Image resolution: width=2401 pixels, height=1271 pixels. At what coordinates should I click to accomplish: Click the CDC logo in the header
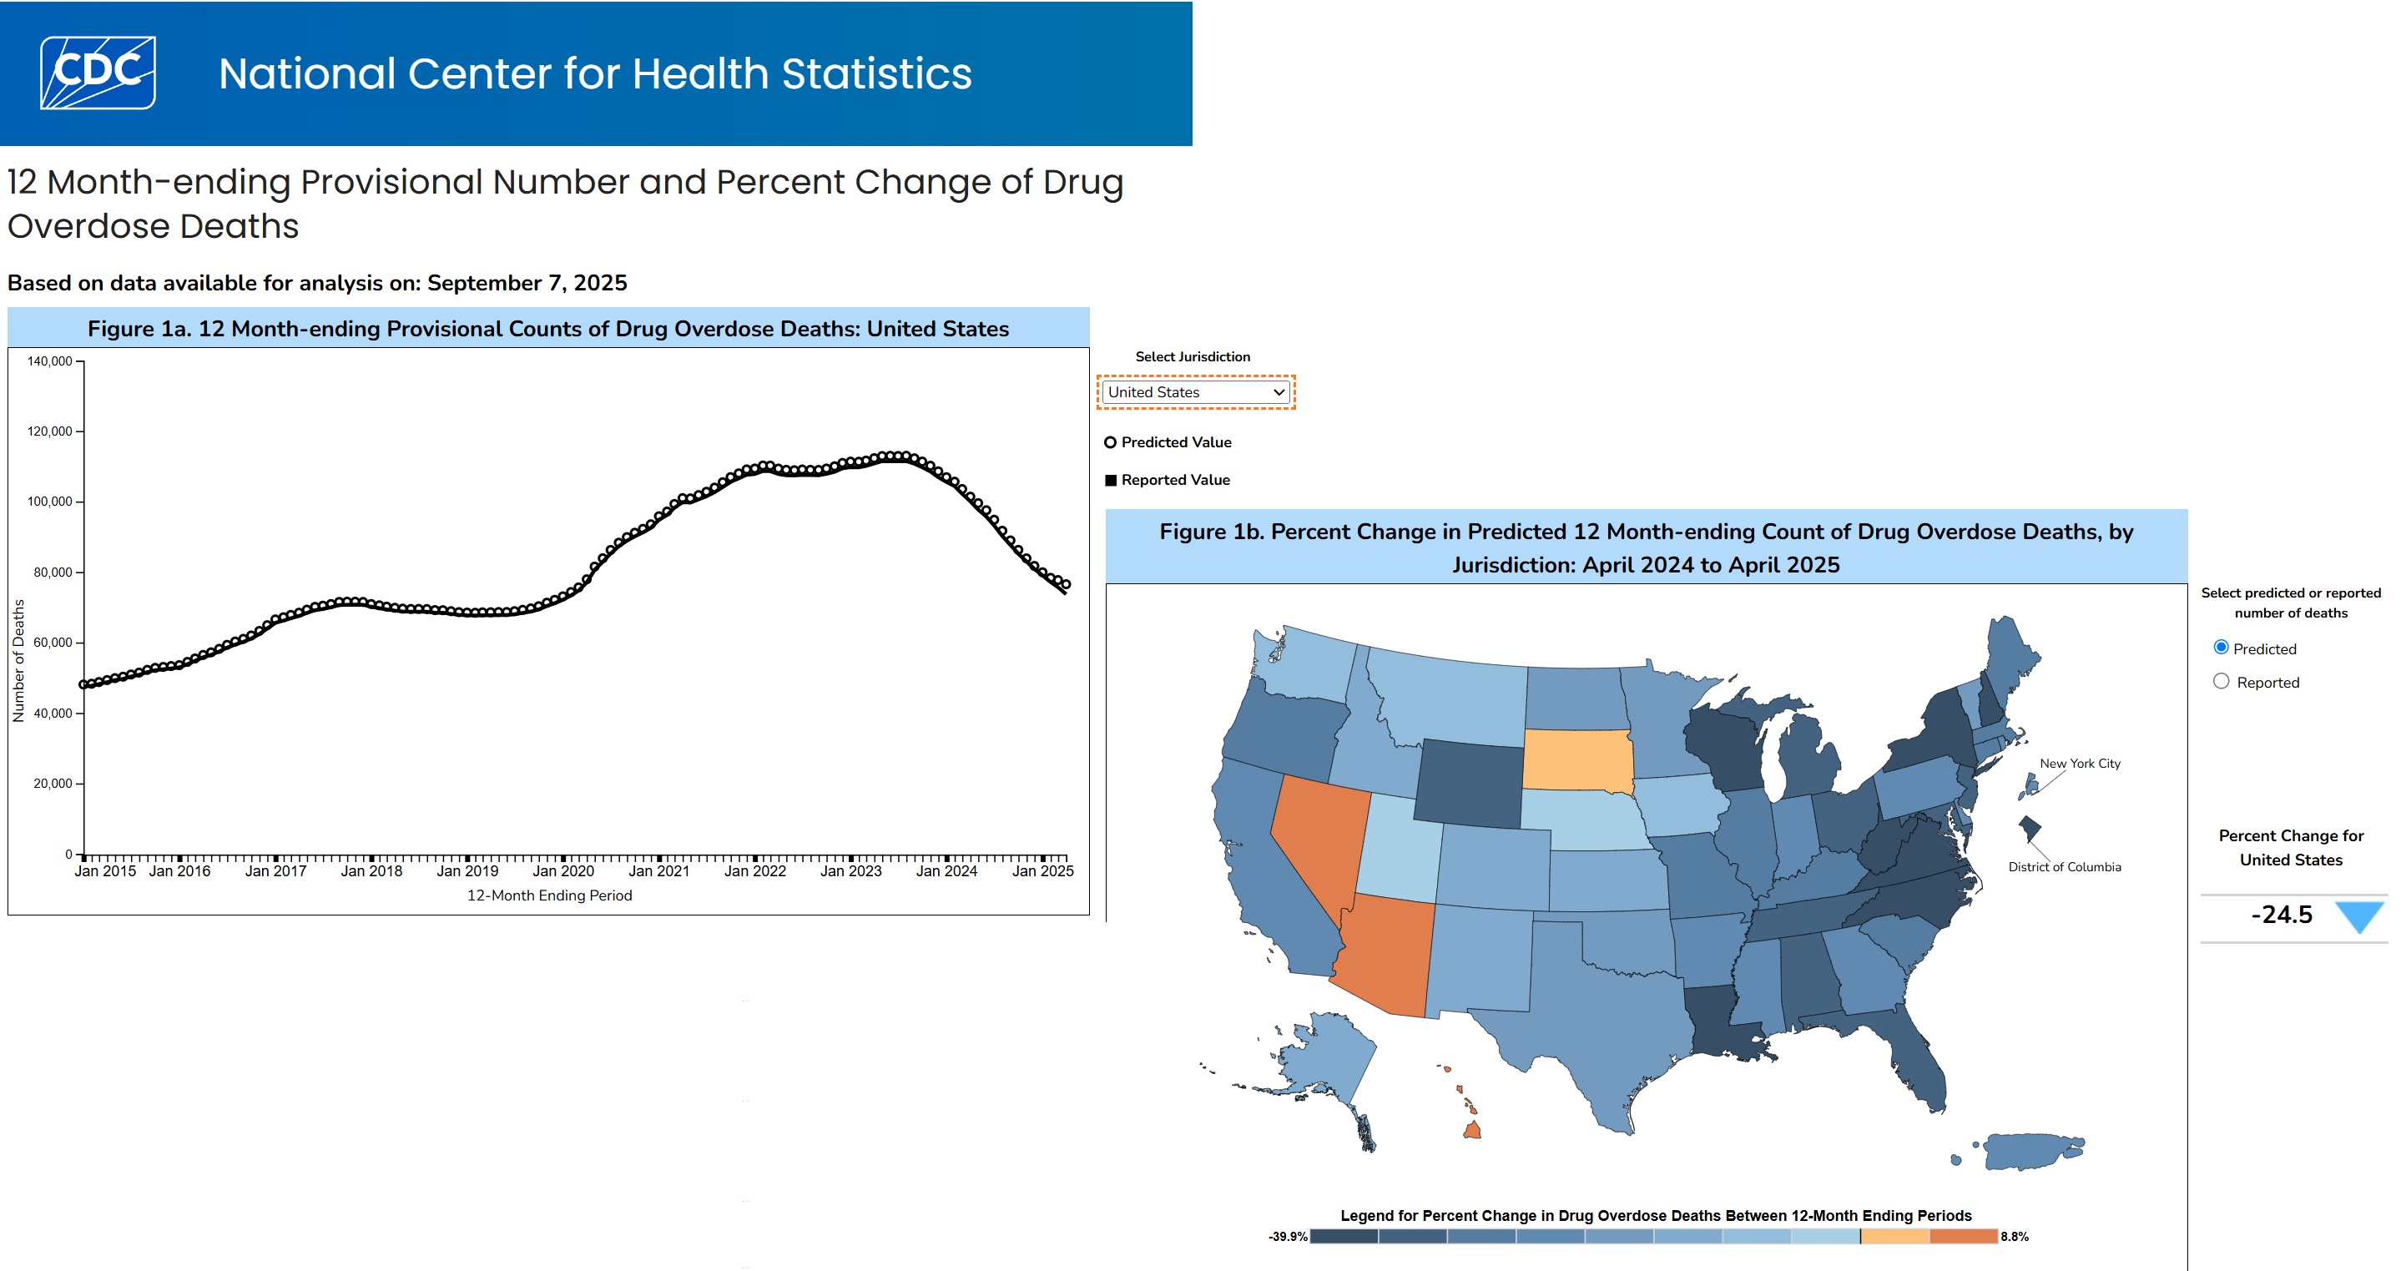click(98, 73)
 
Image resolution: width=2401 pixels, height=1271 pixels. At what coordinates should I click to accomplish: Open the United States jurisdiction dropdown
click(1196, 392)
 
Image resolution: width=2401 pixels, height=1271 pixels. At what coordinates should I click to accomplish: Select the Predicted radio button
click(2221, 648)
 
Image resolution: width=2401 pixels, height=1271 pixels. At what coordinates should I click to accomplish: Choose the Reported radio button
click(2221, 681)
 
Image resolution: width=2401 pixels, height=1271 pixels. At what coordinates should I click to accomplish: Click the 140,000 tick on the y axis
click(49, 361)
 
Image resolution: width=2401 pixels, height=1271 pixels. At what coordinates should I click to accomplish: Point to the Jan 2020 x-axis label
click(563, 871)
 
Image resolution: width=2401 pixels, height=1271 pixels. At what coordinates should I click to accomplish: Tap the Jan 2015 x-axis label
click(105, 871)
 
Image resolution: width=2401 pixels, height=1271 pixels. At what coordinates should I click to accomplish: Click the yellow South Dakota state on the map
click(1578, 759)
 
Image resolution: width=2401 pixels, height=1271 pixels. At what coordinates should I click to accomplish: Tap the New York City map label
click(2080, 763)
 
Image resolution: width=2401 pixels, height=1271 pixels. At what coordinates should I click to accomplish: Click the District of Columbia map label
click(2064, 866)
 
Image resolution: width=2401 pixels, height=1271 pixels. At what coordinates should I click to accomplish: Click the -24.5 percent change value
click(2281, 915)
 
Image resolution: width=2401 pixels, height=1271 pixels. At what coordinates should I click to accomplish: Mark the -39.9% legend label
click(1287, 1237)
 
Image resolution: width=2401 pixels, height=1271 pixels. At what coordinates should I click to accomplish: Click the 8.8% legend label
click(2015, 1237)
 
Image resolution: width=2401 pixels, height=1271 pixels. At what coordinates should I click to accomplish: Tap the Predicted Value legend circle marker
click(1110, 442)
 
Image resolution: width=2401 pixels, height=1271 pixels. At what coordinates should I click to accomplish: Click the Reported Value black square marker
click(1110, 481)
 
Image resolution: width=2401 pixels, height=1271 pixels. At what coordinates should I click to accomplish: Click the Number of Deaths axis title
click(18, 660)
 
